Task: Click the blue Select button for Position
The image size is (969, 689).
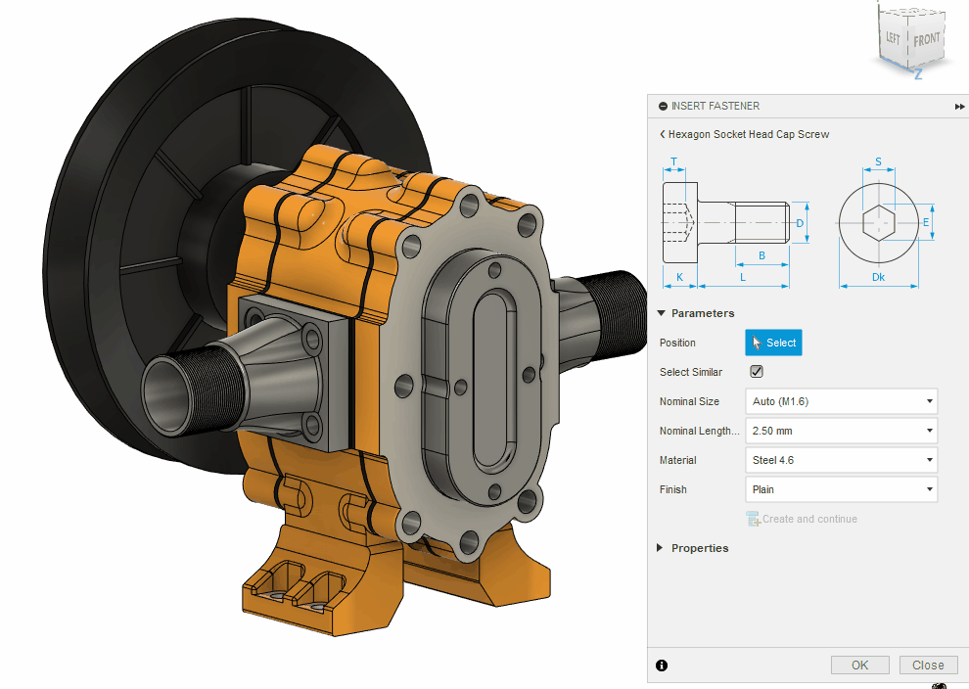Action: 773,343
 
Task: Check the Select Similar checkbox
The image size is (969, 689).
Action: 756,372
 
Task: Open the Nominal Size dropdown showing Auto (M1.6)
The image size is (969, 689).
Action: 841,401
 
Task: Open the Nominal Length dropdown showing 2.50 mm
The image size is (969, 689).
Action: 841,431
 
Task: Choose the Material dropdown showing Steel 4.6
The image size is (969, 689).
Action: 841,460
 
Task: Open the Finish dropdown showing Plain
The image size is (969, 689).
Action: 841,489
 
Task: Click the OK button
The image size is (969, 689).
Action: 859,665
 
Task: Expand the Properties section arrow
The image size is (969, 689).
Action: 660,548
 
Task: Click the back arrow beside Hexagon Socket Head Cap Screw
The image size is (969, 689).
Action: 663,134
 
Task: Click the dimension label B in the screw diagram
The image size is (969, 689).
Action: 761,256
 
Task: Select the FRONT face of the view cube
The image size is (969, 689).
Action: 926,40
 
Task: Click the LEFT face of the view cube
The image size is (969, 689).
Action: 893,38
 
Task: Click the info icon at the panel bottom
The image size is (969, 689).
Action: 662,666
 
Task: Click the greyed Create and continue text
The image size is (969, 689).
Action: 808,519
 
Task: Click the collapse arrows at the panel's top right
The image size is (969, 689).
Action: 959,106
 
